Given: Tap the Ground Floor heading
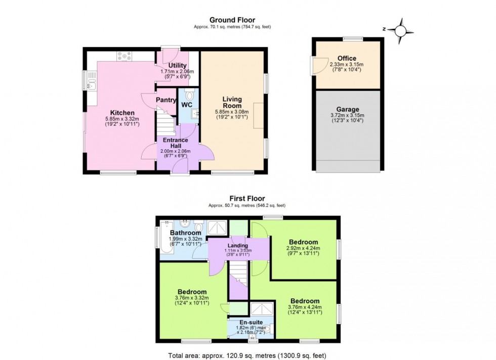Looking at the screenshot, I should tap(232, 20).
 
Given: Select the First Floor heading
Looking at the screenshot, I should tap(247, 199).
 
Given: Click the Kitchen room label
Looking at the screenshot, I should tap(122, 113).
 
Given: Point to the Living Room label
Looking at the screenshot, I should tap(232, 103).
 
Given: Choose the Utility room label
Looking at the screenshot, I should tap(178, 66).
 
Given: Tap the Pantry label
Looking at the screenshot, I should tap(166, 100).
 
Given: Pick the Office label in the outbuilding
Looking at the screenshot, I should tap(347, 59).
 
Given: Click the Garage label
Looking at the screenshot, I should tap(348, 109).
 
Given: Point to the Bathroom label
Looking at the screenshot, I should tap(185, 233).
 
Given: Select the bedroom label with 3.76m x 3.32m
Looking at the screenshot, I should tap(192, 292).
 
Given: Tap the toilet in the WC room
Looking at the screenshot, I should tap(190, 95).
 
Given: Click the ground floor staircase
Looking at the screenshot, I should tap(164, 124).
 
